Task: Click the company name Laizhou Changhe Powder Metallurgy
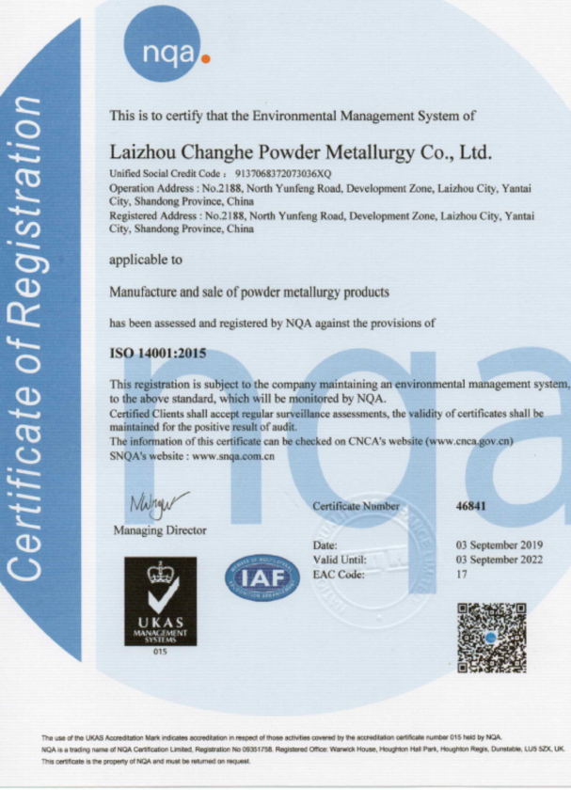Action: [x=302, y=152]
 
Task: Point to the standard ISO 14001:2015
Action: [x=158, y=354]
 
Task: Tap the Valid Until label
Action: [x=338, y=560]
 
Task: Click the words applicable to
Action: [x=146, y=259]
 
